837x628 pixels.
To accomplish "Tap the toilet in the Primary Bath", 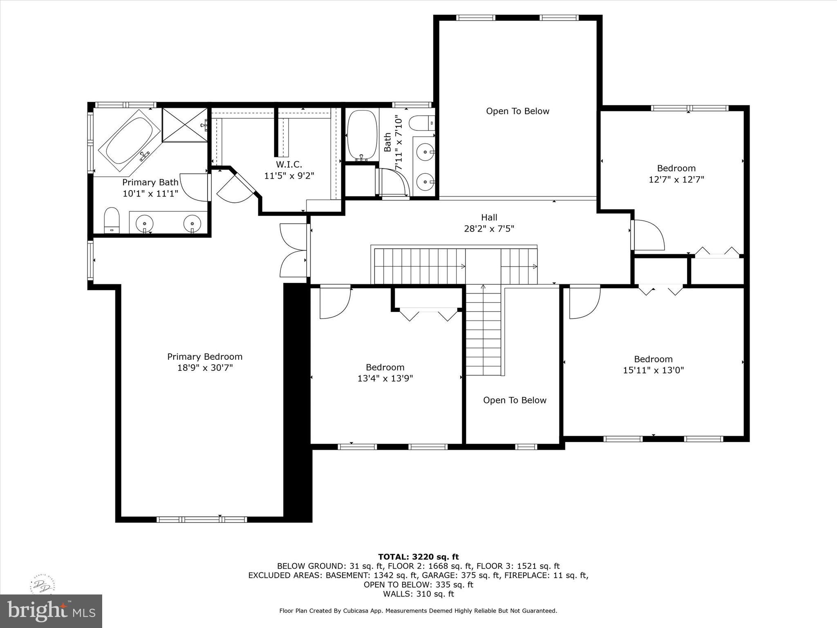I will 111,220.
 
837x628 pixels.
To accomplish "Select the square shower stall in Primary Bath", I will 185,125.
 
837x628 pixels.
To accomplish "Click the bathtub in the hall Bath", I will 362,135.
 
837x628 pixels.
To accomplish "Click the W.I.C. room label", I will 289,164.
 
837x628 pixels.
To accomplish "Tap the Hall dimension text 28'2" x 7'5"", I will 489,229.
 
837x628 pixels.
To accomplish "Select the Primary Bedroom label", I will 205,357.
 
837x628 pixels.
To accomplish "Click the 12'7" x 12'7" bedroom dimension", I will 676,179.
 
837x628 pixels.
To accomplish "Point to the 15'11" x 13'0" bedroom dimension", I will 653,370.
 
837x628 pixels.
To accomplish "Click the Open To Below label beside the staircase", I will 515,400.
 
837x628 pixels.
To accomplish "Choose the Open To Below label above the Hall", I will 517,111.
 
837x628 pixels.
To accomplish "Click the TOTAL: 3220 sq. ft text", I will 418,556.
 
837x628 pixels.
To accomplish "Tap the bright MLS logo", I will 51,611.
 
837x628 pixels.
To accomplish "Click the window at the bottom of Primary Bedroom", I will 201,519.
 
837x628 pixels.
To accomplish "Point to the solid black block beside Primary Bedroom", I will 298,403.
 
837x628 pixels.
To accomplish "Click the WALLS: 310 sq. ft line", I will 418,594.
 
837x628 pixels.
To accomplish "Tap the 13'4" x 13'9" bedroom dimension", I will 385,378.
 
